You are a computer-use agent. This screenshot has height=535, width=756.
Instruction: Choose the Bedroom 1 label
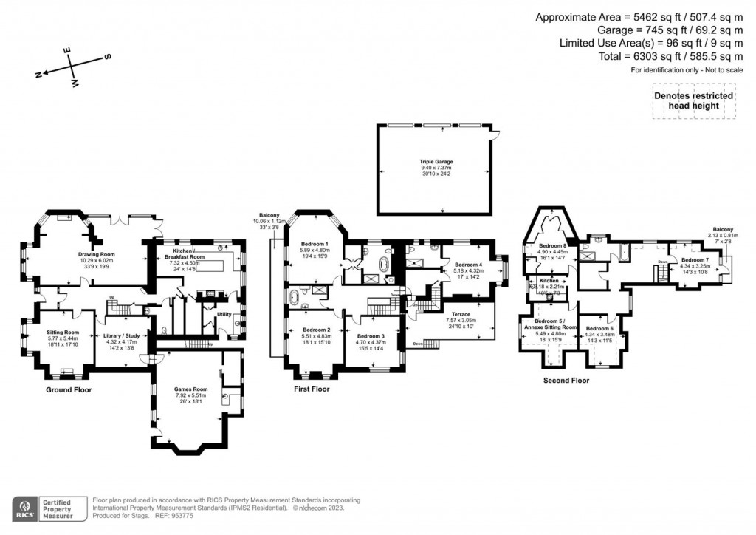point(315,244)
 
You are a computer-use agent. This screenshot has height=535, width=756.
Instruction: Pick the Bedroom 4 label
point(467,265)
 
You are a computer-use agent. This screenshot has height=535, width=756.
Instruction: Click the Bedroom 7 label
point(695,260)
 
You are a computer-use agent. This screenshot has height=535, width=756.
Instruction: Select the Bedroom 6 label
point(599,328)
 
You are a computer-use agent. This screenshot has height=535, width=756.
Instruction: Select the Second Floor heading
point(566,381)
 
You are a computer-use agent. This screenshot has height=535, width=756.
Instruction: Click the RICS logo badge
point(24,508)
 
